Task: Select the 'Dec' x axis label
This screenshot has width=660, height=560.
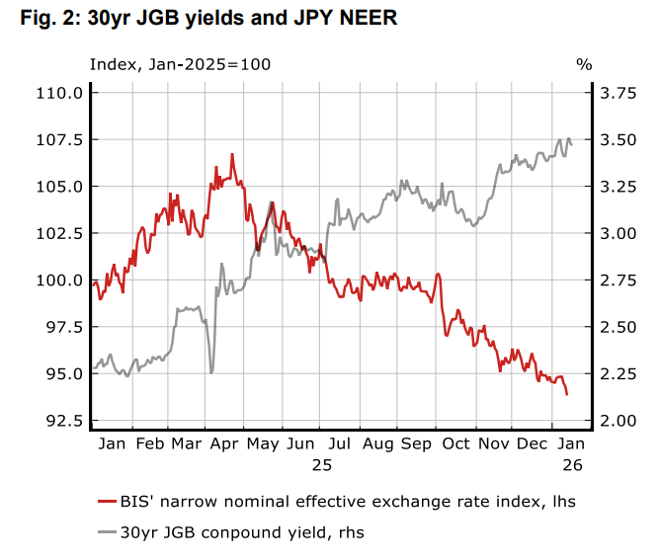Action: [531, 443]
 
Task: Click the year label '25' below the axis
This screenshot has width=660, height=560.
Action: [322, 463]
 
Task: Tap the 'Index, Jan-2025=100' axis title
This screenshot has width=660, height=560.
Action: [180, 64]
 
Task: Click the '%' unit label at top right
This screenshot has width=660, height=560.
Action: [584, 64]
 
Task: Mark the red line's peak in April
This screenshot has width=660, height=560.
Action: [232, 154]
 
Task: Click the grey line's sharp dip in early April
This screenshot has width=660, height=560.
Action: [211, 372]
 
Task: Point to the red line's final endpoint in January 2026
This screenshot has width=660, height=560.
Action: [567, 394]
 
